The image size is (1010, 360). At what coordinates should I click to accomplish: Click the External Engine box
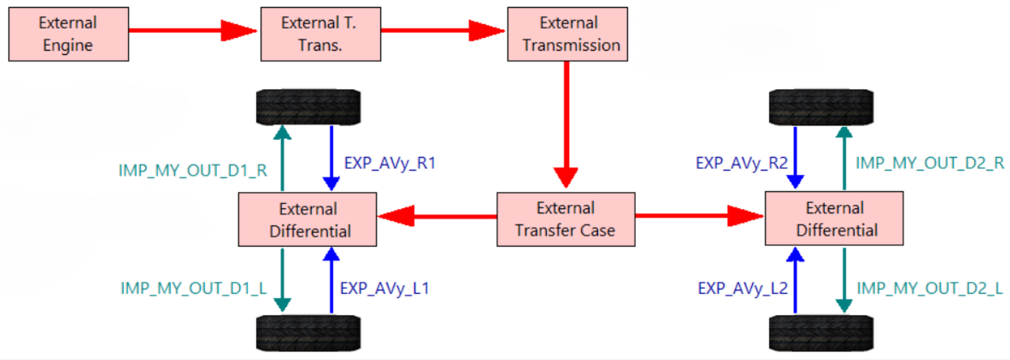pos(69,34)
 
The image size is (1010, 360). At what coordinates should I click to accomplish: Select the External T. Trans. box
pos(320,34)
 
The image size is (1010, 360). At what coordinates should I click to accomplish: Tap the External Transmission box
pos(567,34)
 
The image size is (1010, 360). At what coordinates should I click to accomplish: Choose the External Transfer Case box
pos(566,219)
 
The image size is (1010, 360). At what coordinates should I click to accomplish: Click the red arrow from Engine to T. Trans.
pos(192,30)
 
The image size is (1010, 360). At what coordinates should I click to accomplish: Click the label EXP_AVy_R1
pos(390,163)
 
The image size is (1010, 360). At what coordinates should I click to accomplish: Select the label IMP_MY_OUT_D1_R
pos(193,171)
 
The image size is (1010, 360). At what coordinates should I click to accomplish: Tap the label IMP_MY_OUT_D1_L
pos(194,288)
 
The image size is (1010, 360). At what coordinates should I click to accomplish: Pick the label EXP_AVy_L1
pos(384,288)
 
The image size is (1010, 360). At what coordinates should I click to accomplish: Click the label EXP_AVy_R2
pos(742,163)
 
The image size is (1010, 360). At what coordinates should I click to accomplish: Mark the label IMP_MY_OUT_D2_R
pos(930,163)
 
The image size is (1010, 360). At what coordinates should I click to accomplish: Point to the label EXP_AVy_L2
pos(743,288)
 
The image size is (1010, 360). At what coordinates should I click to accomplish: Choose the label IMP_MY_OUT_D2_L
pos(930,288)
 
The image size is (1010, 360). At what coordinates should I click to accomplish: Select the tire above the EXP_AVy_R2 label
pos(821,107)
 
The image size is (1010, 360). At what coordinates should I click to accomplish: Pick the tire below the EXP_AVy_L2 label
pos(821,333)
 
